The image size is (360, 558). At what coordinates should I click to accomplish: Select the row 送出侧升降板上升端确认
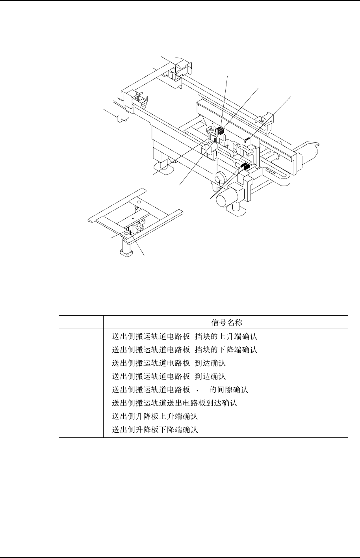point(155,417)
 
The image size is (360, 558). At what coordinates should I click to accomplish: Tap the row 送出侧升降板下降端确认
point(155,430)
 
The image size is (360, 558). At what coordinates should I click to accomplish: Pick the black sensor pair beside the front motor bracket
point(245,166)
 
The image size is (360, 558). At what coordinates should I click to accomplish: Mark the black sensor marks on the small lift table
point(129,229)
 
